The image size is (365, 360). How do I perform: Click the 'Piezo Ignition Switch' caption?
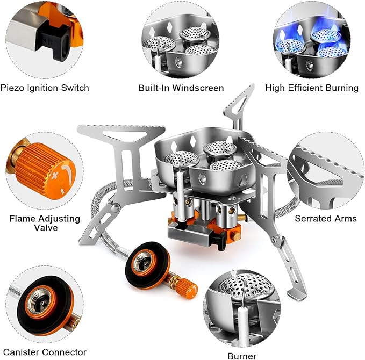pyautogui.click(x=45, y=87)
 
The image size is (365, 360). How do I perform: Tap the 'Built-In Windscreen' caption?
pyautogui.click(x=181, y=88)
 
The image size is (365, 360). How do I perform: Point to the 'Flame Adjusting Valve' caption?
pyautogui.click(x=45, y=224)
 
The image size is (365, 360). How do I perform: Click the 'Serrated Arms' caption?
pyautogui.click(x=325, y=219)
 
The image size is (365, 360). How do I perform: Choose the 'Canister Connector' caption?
pyautogui.click(x=44, y=352)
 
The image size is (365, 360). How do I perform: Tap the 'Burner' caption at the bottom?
pyautogui.click(x=241, y=355)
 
